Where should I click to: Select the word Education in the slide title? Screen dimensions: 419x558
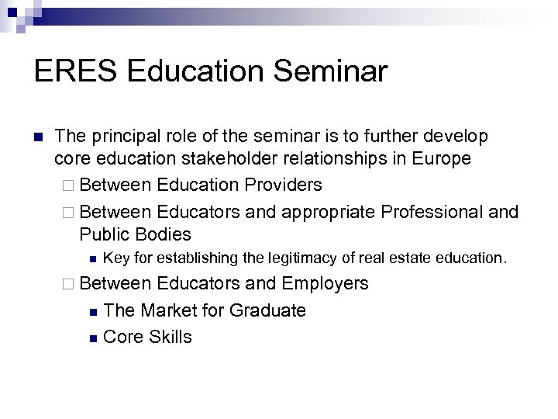point(195,72)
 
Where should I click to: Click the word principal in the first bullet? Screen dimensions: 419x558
point(121,137)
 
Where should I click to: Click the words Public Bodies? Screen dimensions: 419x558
point(135,234)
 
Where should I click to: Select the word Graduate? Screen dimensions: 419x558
point(267,310)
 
